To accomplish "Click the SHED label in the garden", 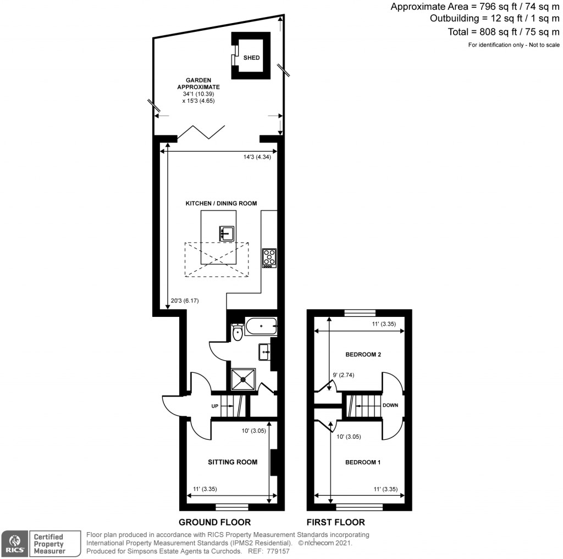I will [251, 58].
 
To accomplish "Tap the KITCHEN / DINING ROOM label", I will [221, 204].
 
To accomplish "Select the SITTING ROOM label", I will [233, 462].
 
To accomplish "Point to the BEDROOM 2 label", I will [363, 355].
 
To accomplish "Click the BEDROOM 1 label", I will [362, 462].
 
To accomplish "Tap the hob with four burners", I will [269, 258].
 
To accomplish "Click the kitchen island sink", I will [226, 233].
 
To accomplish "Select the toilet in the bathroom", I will [238, 332].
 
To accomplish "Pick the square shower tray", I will [243, 379].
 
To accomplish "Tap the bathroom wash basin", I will [264, 350].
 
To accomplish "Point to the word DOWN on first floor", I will [390, 405].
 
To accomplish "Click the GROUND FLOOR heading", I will [214, 522].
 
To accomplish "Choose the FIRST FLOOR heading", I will [335, 522].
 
